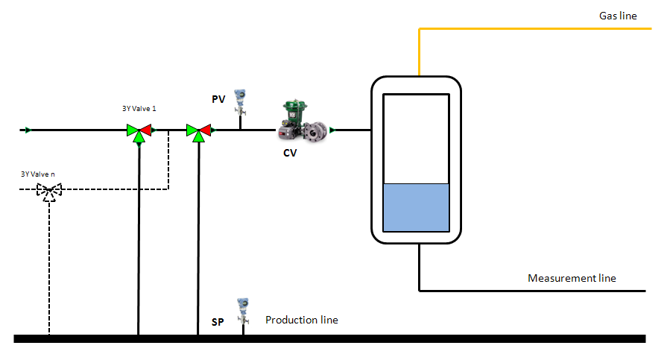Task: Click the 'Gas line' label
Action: (618, 16)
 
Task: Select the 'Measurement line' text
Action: (572, 278)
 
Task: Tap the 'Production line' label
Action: (302, 320)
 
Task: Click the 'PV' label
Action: (218, 98)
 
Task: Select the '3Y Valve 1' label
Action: (139, 109)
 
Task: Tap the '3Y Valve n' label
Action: (37, 174)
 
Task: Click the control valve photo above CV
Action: (302, 121)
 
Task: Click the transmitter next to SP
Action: (242, 310)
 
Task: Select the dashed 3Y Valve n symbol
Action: (50, 192)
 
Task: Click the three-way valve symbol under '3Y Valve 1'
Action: (139, 132)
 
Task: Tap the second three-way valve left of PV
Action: (198, 132)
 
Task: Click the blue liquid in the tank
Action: (416, 207)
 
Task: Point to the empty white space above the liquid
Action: (416, 139)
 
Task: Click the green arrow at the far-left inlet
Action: (28, 130)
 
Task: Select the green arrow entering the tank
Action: (332, 130)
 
